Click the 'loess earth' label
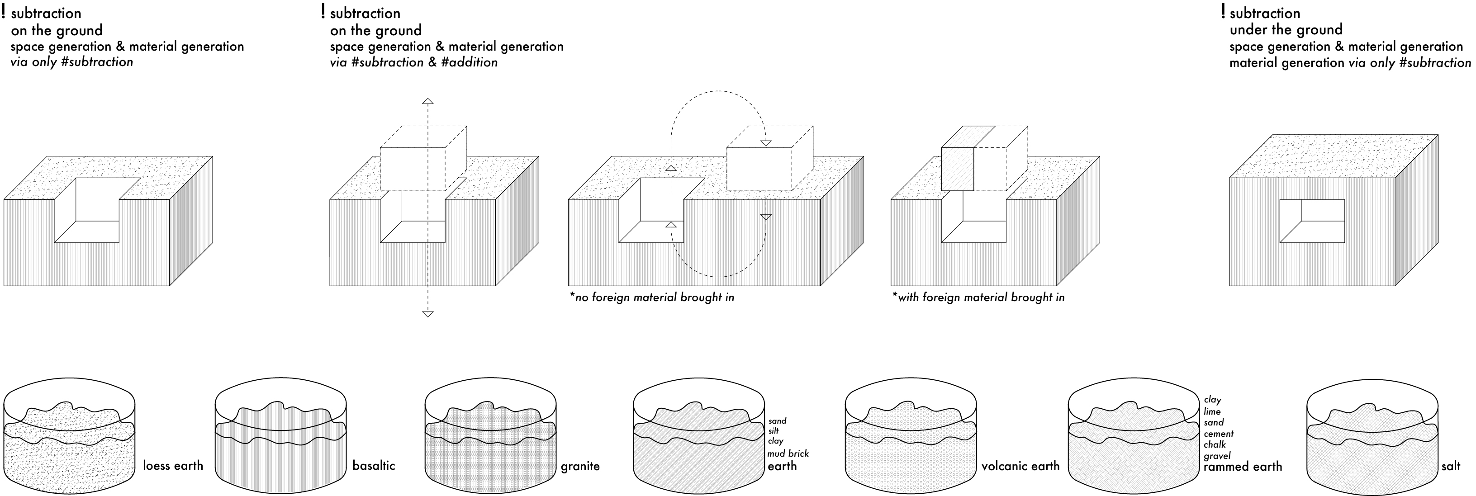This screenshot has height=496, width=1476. point(173,466)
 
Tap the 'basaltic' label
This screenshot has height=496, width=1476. point(374,466)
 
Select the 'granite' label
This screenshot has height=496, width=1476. point(580,466)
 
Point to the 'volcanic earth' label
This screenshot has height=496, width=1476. point(1020,466)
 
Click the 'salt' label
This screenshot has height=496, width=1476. point(1451,466)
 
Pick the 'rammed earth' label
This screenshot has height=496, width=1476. point(1243,467)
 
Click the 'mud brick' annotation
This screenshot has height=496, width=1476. point(788,453)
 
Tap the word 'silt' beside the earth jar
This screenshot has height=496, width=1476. point(774,431)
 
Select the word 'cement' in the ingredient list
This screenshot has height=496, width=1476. point(1219,434)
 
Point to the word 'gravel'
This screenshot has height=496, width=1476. point(1217,456)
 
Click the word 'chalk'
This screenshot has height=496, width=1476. point(1215,444)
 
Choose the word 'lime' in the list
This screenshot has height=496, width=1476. point(1212,411)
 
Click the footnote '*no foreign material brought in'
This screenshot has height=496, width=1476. point(651,297)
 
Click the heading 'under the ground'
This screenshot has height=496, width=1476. point(1286,30)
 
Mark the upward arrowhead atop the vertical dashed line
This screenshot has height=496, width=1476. point(427,101)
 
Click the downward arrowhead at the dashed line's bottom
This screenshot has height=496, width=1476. point(427,313)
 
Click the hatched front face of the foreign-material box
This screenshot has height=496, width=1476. point(958,169)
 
